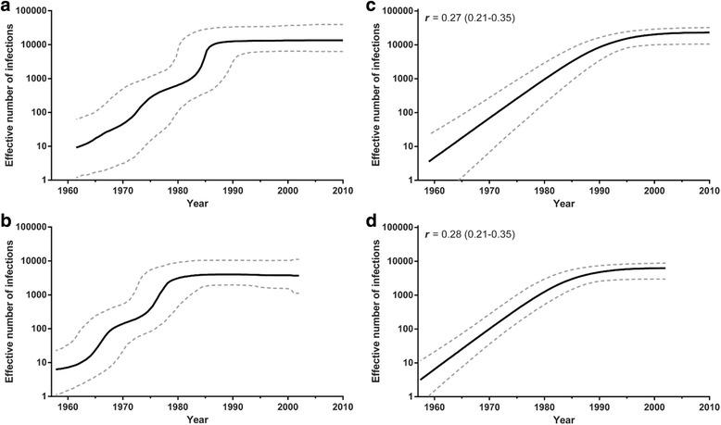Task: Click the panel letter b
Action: [7, 222]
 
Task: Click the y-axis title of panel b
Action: [11, 312]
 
